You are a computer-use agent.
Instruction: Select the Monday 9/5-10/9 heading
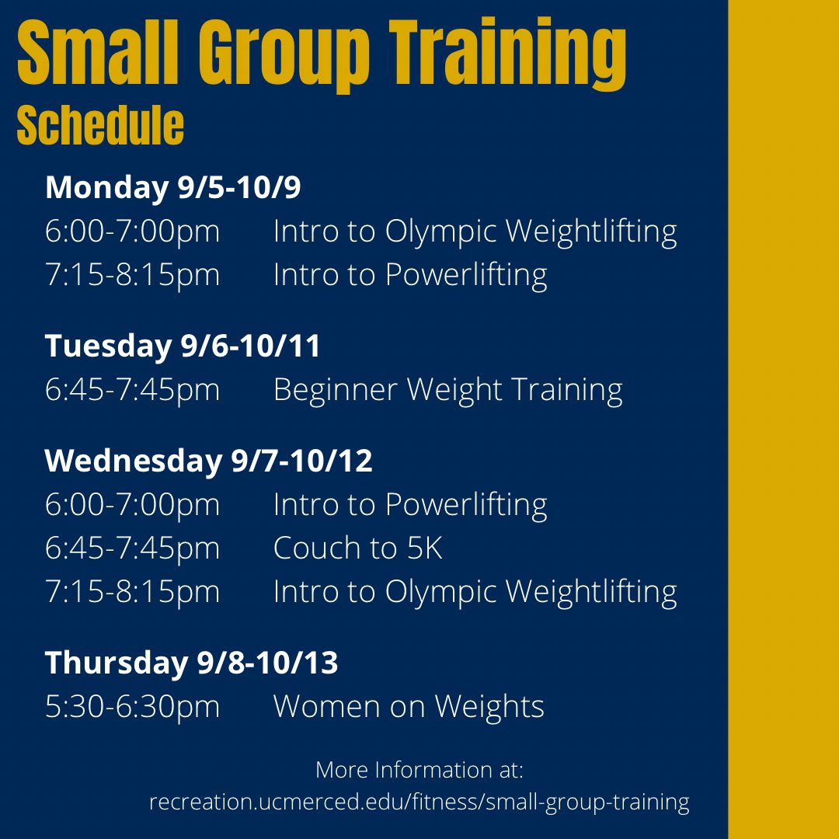172,188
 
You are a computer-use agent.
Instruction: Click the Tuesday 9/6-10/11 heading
183,346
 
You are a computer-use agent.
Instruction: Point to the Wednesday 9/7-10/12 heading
208,461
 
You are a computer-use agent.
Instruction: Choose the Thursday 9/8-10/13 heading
191,663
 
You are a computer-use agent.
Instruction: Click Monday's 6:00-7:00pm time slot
132,232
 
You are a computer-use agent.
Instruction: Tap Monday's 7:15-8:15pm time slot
132,275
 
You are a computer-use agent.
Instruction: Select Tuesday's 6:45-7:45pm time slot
132,389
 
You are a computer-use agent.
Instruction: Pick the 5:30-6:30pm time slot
132,706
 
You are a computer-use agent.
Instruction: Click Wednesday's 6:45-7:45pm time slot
132,548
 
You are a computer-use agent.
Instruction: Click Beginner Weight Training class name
447,389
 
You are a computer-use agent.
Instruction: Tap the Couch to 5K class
357,548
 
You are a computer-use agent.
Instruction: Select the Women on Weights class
409,706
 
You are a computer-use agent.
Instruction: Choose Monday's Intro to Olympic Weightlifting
475,232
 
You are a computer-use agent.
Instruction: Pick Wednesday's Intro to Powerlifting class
410,505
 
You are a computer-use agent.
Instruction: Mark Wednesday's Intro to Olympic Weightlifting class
475,592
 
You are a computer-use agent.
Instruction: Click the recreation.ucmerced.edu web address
419,802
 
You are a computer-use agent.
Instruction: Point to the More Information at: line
419,770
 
